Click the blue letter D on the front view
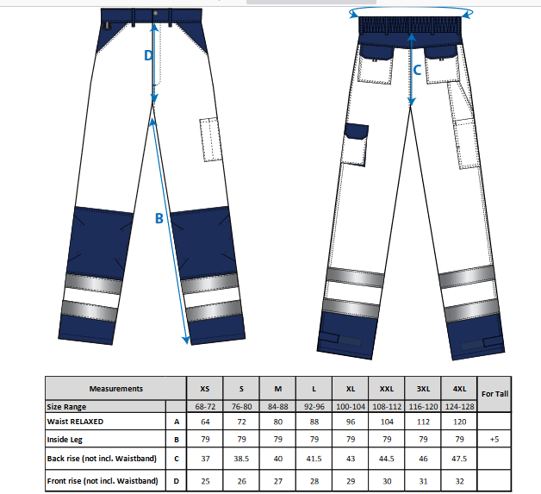click(x=148, y=55)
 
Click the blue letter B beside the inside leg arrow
click(x=159, y=218)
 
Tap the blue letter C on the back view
click(x=417, y=70)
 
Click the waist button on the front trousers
click(x=156, y=13)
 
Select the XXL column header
click(x=387, y=389)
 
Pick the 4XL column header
click(x=459, y=389)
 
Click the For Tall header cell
click(x=494, y=394)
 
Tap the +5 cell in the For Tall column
click(x=494, y=439)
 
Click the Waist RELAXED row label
click(x=75, y=422)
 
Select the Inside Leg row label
click(x=65, y=440)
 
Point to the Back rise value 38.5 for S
click(x=241, y=459)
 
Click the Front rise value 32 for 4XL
click(x=459, y=481)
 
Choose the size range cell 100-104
click(x=351, y=407)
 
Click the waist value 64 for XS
click(x=205, y=422)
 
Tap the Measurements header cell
click(x=116, y=389)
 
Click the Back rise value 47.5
click(x=459, y=459)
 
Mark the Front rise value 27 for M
click(x=277, y=481)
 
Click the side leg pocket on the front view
click(x=210, y=140)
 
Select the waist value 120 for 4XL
click(x=459, y=422)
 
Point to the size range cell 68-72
click(x=205, y=407)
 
